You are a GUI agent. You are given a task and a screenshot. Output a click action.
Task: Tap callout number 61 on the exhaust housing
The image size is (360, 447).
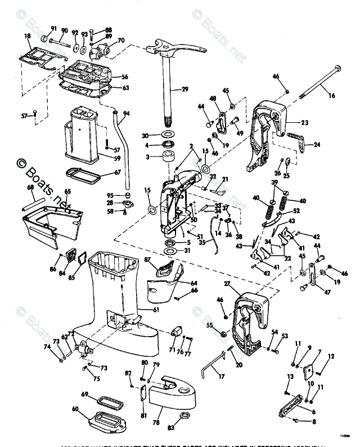click(156, 309)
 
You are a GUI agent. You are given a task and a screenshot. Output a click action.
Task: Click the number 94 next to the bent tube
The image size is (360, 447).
click(127, 113)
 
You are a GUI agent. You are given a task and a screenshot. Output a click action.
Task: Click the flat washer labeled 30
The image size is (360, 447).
click(166, 136)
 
